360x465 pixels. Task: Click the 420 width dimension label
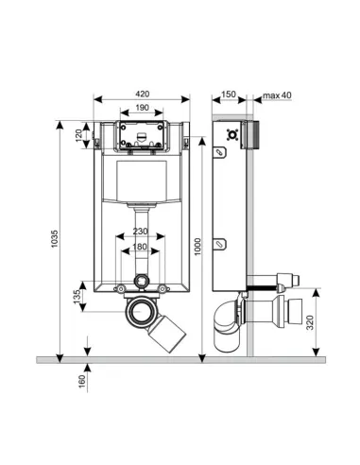click(x=143, y=94)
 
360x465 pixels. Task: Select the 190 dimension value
click(x=142, y=108)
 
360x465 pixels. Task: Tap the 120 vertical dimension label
click(x=78, y=135)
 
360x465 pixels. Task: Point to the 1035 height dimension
click(x=55, y=238)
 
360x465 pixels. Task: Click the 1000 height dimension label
click(x=197, y=247)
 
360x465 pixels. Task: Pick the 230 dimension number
click(x=140, y=232)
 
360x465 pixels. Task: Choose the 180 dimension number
click(x=140, y=247)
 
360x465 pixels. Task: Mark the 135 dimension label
click(x=77, y=297)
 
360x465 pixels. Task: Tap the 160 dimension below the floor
click(x=82, y=382)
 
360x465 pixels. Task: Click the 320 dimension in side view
click(x=310, y=322)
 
